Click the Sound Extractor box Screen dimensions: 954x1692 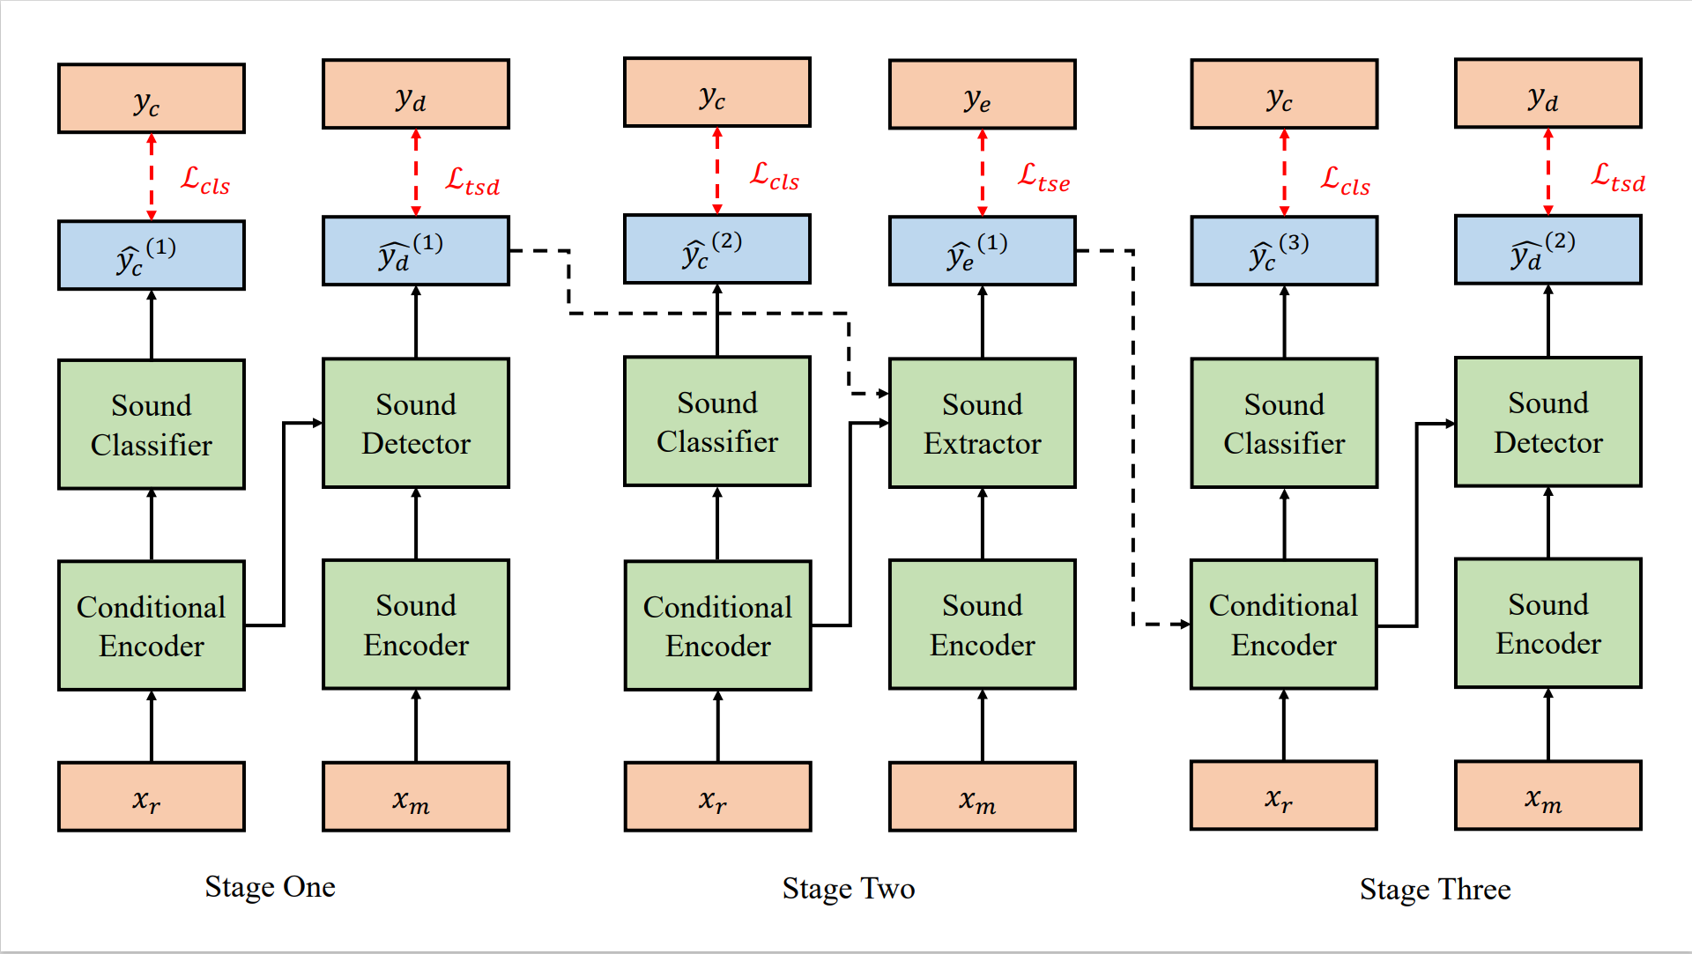(982, 423)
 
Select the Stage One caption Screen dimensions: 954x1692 (270, 886)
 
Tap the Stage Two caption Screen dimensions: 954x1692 (848, 888)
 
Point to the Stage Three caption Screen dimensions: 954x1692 (1435, 889)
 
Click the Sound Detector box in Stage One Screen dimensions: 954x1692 (416, 423)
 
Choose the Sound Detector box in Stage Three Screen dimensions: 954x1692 (1547, 422)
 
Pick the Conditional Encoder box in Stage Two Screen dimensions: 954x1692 (717, 625)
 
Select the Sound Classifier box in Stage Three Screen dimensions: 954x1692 (1283, 423)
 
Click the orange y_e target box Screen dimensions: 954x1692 (982, 94)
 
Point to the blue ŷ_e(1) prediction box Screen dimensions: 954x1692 (982, 251)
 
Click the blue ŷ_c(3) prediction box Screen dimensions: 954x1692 (1283, 251)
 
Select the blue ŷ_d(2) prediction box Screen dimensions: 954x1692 (1547, 250)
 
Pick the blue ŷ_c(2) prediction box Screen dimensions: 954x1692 (716, 249)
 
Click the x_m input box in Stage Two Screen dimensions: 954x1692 (982, 796)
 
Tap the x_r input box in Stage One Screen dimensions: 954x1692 (152, 796)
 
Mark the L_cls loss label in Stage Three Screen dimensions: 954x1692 (1345, 181)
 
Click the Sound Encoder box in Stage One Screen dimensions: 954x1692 (416, 625)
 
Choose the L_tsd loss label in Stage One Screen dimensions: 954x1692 (472, 181)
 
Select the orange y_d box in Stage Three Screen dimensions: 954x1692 (1547, 93)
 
